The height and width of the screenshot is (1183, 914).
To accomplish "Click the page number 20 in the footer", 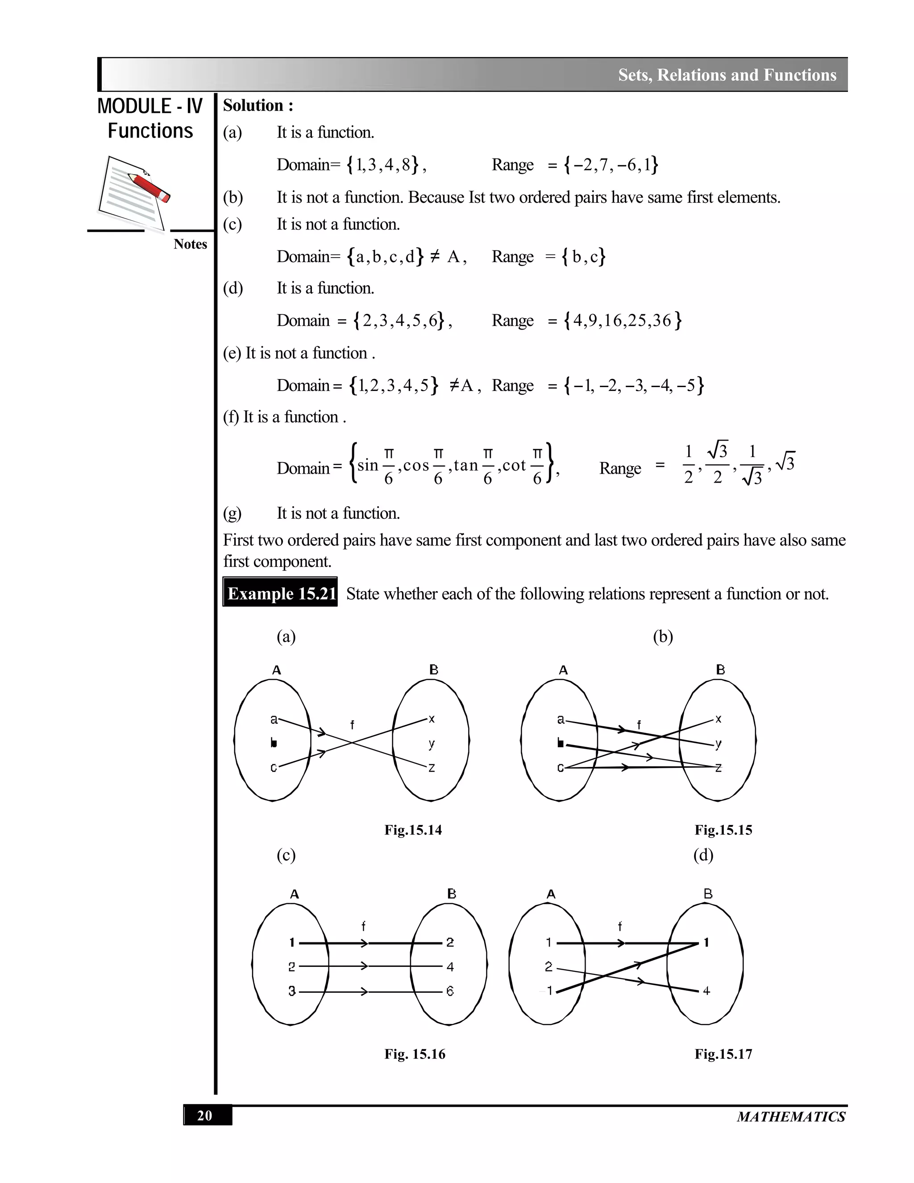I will [x=205, y=1116].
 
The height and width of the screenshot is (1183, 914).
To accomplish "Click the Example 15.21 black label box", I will [x=280, y=593].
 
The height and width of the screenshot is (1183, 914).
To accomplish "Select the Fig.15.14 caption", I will [x=413, y=830].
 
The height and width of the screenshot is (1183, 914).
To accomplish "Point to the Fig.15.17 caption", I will [x=723, y=1054].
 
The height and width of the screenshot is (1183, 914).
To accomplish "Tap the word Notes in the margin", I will [x=190, y=244].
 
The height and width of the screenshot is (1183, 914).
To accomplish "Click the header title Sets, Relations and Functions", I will [x=727, y=75].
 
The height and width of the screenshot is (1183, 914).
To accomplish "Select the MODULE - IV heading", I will [x=150, y=106].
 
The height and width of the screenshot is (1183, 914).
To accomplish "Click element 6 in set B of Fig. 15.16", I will [x=450, y=991].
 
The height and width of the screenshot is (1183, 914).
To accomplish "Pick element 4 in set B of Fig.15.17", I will [x=706, y=991].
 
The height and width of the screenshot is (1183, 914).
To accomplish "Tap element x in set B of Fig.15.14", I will [x=432, y=719].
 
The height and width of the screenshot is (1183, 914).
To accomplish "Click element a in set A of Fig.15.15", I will [x=561, y=719].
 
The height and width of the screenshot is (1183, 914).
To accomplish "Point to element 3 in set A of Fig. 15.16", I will [x=292, y=991].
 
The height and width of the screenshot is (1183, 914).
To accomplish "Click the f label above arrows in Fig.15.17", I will [x=620, y=926].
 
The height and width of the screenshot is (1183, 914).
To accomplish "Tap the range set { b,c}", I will [x=584, y=256].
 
